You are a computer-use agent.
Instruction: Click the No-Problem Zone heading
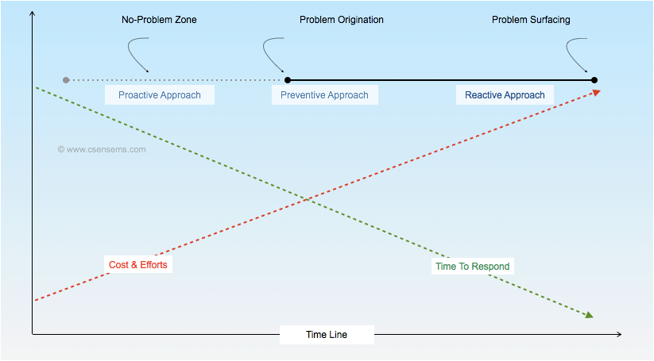point(159,20)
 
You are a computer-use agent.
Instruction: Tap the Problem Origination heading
point(341,20)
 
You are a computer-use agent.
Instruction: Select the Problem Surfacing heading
point(530,20)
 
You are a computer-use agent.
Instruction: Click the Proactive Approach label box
point(160,95)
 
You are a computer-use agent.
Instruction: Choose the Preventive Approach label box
point(324,95)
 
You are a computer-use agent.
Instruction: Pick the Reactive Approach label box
point(505,95)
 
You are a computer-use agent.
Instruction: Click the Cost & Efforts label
point(138,264)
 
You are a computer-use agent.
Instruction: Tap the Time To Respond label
point(473,267)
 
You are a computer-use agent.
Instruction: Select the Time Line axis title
point(327,335)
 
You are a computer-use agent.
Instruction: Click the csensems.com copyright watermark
point(101,148)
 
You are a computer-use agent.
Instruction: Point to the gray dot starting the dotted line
point(66,80)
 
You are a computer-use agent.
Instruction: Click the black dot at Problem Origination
point(288,80)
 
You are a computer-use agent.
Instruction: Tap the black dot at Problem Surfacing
point(594,80)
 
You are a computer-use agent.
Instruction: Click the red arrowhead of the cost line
point(596,92)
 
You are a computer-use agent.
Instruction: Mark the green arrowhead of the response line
point(589,315)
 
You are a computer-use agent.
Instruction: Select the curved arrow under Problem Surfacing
point(579,56)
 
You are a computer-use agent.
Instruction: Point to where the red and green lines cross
point(308,198)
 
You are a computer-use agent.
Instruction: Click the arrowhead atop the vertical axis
point(32,13)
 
